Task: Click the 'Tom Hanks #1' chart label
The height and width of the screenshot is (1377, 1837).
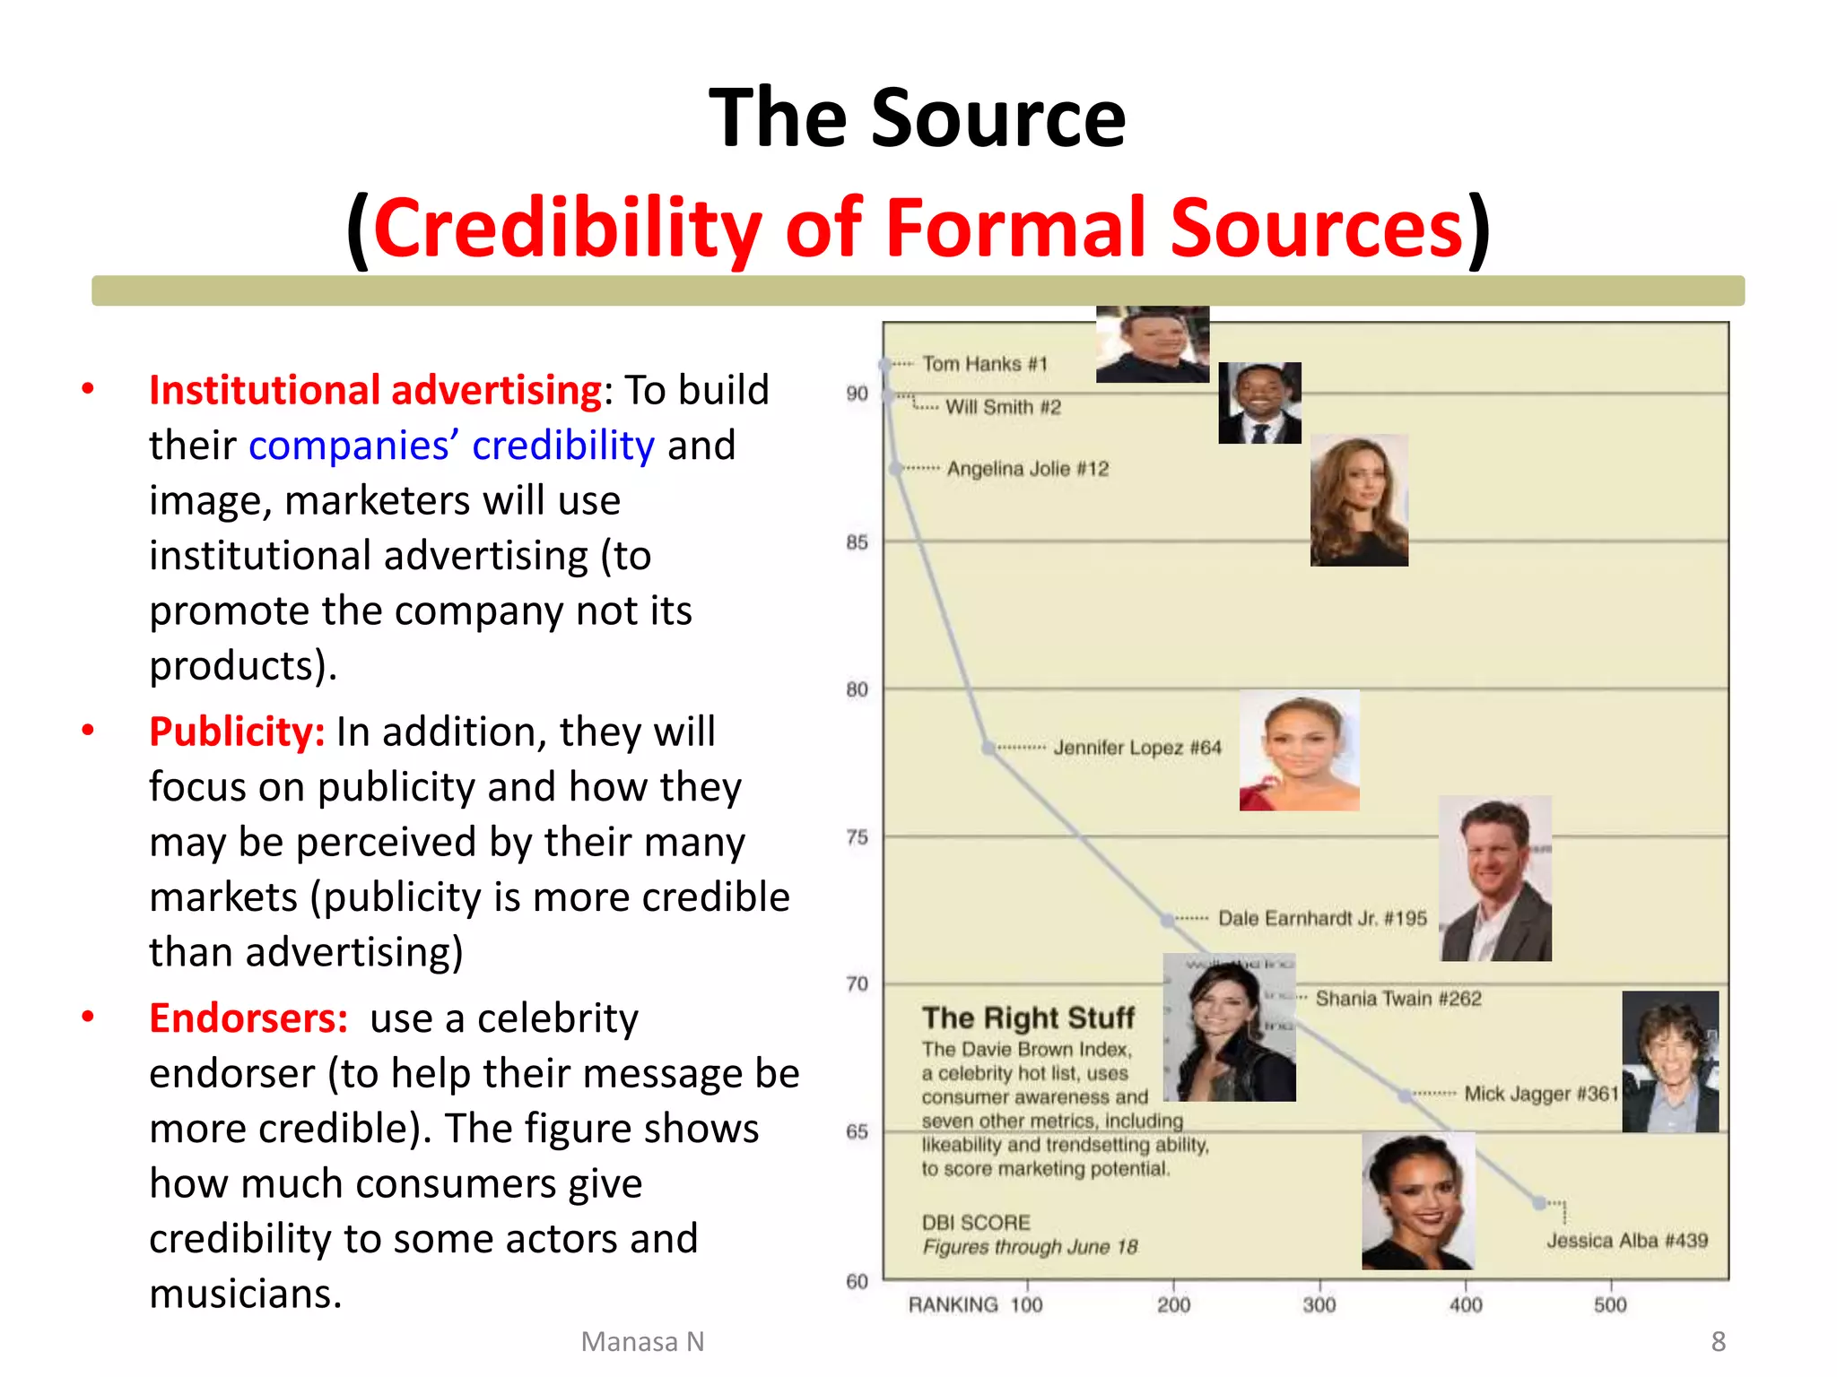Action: point(984,364)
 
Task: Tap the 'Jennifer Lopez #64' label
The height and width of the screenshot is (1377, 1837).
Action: point(1136,748)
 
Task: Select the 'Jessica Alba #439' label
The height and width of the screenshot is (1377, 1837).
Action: point(1626,1241)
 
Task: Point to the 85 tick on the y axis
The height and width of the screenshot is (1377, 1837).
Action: point(857,542)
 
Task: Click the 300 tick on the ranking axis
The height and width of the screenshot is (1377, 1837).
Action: point(1319,1304)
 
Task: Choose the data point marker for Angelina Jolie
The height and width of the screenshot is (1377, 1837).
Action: point(896,469)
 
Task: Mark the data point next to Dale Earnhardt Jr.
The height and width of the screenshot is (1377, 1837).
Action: point(1167,919)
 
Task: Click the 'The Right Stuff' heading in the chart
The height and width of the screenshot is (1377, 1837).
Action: point(1028,1018)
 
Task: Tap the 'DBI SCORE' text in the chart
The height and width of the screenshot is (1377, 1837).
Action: point(976,1223)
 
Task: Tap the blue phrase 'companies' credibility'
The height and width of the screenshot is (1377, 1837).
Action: point(451,446)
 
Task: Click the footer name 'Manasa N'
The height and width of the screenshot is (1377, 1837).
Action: point(642,1341)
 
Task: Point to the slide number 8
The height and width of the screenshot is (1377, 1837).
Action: point(1718,1341)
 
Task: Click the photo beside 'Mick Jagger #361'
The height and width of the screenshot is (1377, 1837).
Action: point(1670,1061)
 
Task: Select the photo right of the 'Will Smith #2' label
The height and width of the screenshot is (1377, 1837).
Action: point(1259,403)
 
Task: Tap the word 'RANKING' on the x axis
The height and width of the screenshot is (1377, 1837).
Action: point(953,1304)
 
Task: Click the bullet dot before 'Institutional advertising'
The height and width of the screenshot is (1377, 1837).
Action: point(88,389)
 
